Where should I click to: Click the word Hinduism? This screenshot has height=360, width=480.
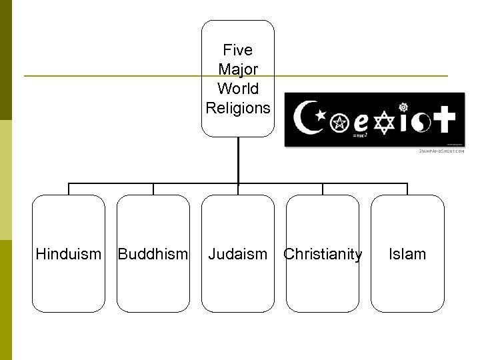point(69,254)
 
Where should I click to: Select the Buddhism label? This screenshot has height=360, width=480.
point(153,254)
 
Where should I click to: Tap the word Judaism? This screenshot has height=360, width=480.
point(237,254)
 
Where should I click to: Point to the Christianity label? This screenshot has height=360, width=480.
point(323,254)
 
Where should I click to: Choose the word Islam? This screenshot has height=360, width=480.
point(407,254)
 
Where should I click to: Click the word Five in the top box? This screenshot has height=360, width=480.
point(238,50)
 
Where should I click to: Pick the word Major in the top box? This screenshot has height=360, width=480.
point(238,69)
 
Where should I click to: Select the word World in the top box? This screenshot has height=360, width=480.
point(238,88)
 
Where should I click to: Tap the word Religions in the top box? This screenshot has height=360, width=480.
point(238,107)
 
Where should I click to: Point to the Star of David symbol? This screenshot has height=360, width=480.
point(385,123)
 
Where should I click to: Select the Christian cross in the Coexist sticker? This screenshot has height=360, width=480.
point(442,121)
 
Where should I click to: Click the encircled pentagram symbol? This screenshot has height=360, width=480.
point(341,123)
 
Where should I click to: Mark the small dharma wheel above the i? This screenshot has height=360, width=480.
point(403,106)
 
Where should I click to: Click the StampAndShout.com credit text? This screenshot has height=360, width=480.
point(441,151)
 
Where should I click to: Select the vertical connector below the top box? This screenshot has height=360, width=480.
point(238,160)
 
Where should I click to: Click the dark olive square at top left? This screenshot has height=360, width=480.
point(6,60)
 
